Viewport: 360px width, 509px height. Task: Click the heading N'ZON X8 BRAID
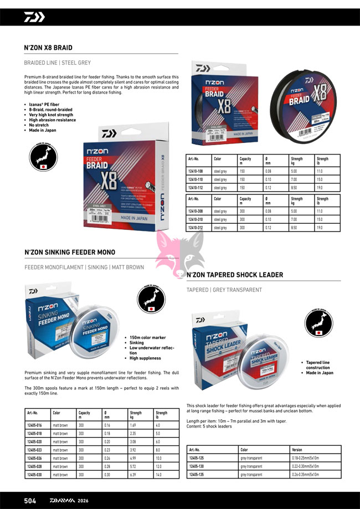point(48,48)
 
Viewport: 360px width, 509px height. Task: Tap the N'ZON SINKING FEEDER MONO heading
point(70,253)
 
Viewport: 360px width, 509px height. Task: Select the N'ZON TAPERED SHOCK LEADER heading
point(234,275)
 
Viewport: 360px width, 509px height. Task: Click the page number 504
point(30,501)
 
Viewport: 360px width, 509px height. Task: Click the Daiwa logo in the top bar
point(34,17)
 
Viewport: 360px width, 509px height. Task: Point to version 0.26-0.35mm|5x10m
point(305,475)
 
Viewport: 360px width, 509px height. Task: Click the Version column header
point(297,450)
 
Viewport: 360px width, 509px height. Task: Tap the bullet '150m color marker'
point(147,337)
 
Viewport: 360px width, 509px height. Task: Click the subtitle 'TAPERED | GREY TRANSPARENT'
point(224,290)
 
